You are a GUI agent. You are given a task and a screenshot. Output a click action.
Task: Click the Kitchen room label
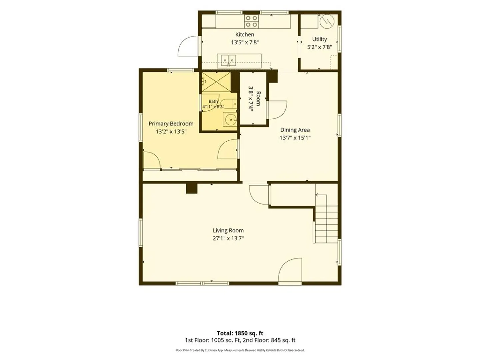(x=245, y=35)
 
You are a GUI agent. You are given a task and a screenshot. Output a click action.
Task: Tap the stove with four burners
(x=251, y=21)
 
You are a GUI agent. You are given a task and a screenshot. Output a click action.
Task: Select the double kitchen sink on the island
(x=229, y=61)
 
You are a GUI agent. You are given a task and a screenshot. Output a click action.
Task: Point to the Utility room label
(x=319, y=39)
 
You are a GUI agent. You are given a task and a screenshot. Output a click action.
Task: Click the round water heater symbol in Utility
(x=327, y=22)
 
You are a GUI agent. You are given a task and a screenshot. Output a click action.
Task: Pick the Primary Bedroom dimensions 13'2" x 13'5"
(x=171, y=132)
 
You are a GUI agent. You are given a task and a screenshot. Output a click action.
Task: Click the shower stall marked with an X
(x=216, y=82)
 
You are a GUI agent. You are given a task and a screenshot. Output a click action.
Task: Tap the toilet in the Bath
(x=229, y=104)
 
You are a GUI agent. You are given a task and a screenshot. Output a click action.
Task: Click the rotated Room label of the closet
(x=258, y=99)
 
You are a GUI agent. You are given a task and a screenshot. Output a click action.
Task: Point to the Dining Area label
(x=295, y=130)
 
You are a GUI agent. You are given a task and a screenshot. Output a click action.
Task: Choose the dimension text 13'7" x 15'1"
(x=295, y=138)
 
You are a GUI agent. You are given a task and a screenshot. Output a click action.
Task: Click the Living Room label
(x=228, y=230)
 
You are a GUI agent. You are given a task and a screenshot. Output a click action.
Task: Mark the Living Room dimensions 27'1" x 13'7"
(x=228, y=238)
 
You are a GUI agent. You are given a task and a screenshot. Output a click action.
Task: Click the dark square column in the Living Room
(x=192, y=188)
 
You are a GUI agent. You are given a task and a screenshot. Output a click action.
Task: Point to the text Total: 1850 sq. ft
(x=240, y=333)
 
